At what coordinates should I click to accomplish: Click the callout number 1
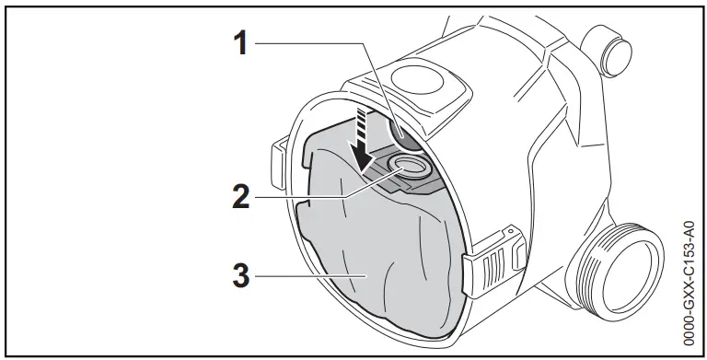240,42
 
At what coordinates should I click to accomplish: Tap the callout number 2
240,196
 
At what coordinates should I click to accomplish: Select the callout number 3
240,273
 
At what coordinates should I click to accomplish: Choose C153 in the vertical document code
690,247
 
